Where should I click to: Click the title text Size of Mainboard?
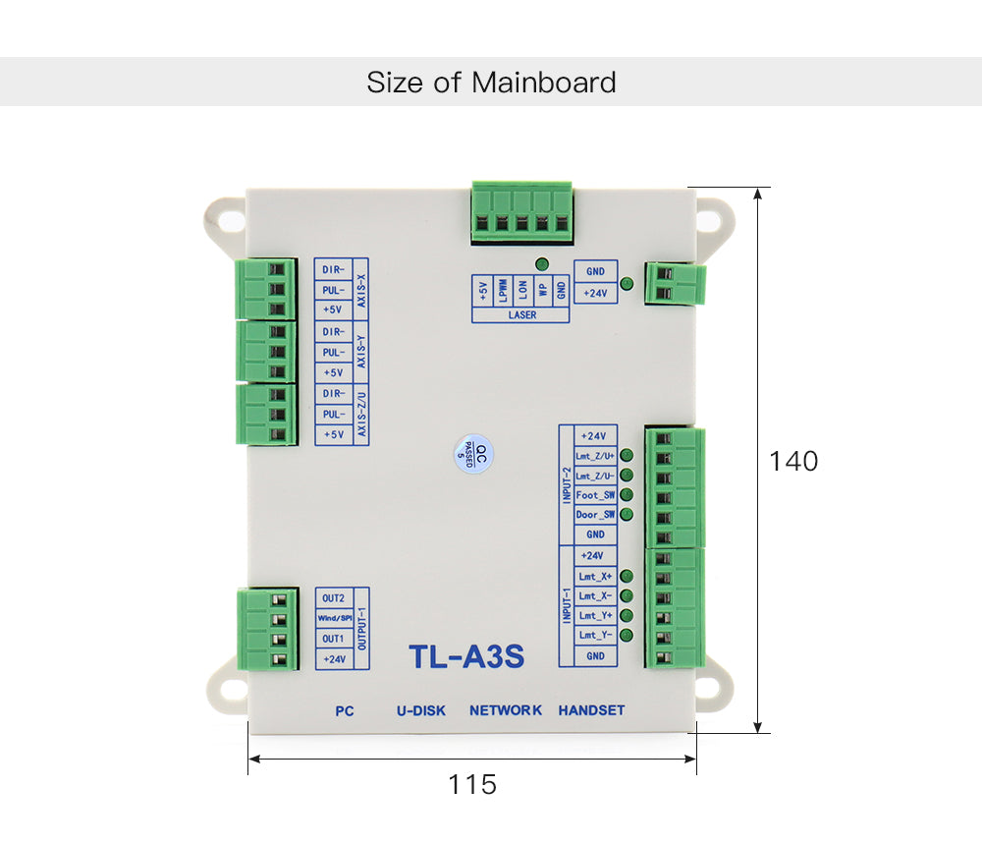[491, 82]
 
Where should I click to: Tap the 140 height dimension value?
[793, 461]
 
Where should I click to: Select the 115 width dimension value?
[472, 785]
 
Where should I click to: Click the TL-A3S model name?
[465, 656]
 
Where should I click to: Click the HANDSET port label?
[591, 710]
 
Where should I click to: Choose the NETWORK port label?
[506, 710]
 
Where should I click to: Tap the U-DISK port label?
[421, 710]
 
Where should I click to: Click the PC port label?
[344, 710]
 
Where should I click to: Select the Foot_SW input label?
[595, 495]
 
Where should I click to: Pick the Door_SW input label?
[595, 515]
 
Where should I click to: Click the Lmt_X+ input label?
[595, 576]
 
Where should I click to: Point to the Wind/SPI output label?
[334, 618]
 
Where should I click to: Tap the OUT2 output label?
[334, 597]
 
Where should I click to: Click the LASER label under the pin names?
[521, 315]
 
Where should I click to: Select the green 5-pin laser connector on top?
[520, 210]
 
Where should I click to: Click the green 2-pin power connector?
[676, 283]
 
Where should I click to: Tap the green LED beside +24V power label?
[627, 284]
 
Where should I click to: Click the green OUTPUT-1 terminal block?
[267, 630]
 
